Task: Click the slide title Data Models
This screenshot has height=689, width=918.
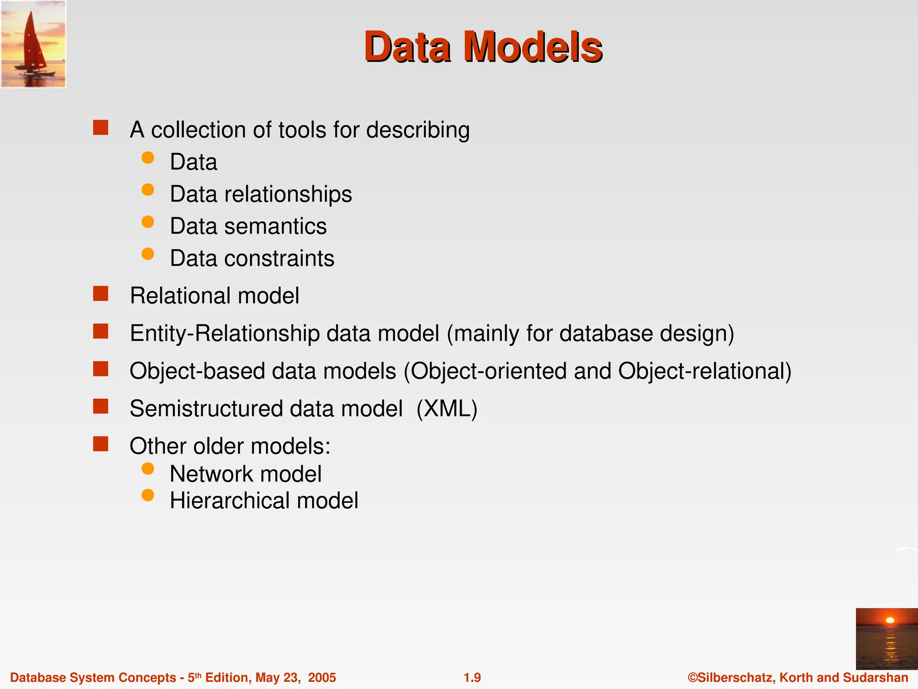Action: point(483,47)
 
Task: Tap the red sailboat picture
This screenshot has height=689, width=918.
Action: point(33,44)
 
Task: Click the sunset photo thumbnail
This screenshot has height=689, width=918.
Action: point(887,639)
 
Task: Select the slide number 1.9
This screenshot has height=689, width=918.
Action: point(472,677)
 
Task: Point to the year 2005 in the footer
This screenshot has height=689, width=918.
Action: point(322,677)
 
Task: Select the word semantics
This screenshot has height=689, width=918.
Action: point(275,226)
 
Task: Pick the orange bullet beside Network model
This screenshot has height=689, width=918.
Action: point(147,469)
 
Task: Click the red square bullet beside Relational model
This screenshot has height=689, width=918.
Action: point(101,294)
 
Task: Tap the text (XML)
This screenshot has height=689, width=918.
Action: point(447,409)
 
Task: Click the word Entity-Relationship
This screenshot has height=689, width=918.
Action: point(224,333)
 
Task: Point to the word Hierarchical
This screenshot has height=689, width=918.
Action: point(229,501)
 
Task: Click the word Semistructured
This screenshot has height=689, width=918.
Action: point(206,409)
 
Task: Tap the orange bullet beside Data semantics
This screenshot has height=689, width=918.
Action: point(147,222)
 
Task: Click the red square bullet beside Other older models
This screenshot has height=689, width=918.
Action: point(101,444)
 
